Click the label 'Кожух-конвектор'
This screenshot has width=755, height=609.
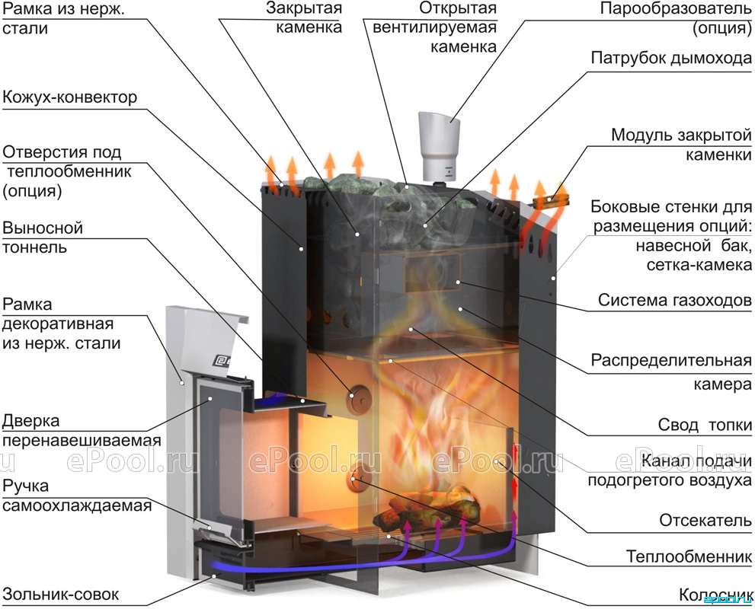[x=70, y=97]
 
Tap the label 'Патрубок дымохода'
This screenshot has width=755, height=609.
[x=671, y=58]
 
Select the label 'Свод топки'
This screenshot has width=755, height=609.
[x=705, y=425]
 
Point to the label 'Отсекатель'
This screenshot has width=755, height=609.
[x=705, y=520]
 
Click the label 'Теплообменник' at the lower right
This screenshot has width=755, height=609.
[x=689, y=556]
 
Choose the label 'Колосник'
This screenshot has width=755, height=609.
[x=715, y=595]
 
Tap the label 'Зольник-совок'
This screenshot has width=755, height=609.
[x=61, y=594]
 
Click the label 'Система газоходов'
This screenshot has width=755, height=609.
[x=674, y=300]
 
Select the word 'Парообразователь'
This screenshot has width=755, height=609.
[x=676, y=8]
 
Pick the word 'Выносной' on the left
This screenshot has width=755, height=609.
[x=43, y=228]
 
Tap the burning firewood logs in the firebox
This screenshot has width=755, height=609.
[x=427, y=502]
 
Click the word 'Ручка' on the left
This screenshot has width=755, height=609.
[x=25, y=486]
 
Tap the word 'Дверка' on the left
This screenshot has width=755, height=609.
[x=30, y=421]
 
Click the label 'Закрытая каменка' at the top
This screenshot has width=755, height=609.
[x=309, y=18]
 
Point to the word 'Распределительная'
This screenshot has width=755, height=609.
[x=671, y=360]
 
